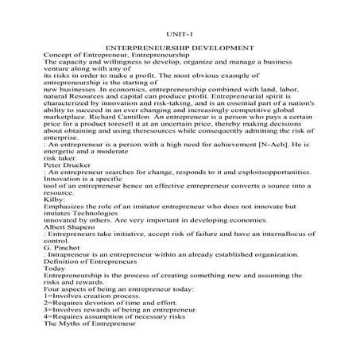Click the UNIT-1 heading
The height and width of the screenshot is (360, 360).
179,34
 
